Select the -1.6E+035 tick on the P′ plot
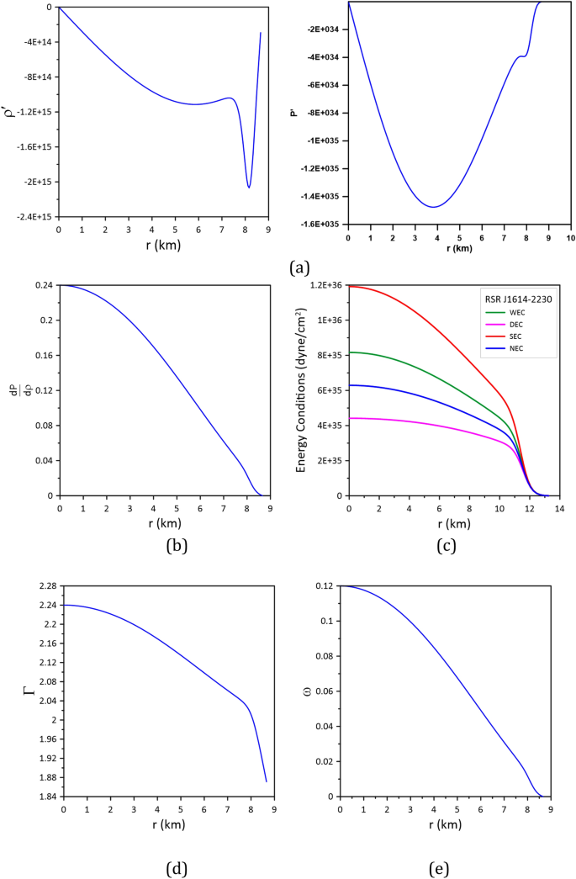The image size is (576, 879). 320,224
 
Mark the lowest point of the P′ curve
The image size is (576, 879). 434,207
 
